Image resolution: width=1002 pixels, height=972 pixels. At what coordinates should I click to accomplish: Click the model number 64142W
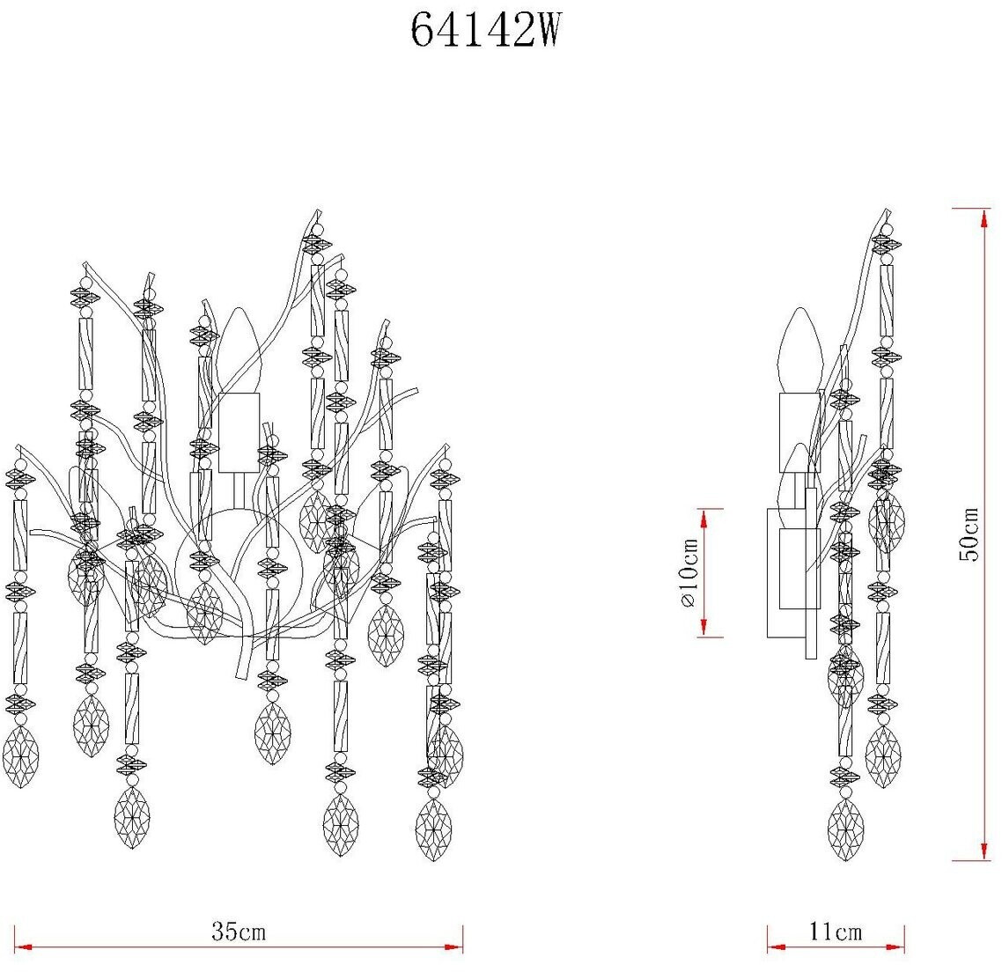[485, 30]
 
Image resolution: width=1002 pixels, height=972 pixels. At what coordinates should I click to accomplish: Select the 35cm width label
[239, 931]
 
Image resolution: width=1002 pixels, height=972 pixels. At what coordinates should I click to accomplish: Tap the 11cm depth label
[836, 931]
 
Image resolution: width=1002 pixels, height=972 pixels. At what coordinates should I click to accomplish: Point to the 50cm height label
[969, 534]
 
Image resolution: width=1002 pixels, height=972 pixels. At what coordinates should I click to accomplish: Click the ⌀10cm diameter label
[689, 572]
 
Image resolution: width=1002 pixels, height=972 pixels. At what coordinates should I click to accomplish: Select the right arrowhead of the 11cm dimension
[895, 947]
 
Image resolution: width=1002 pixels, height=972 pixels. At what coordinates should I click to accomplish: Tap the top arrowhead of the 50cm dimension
[984, 217]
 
